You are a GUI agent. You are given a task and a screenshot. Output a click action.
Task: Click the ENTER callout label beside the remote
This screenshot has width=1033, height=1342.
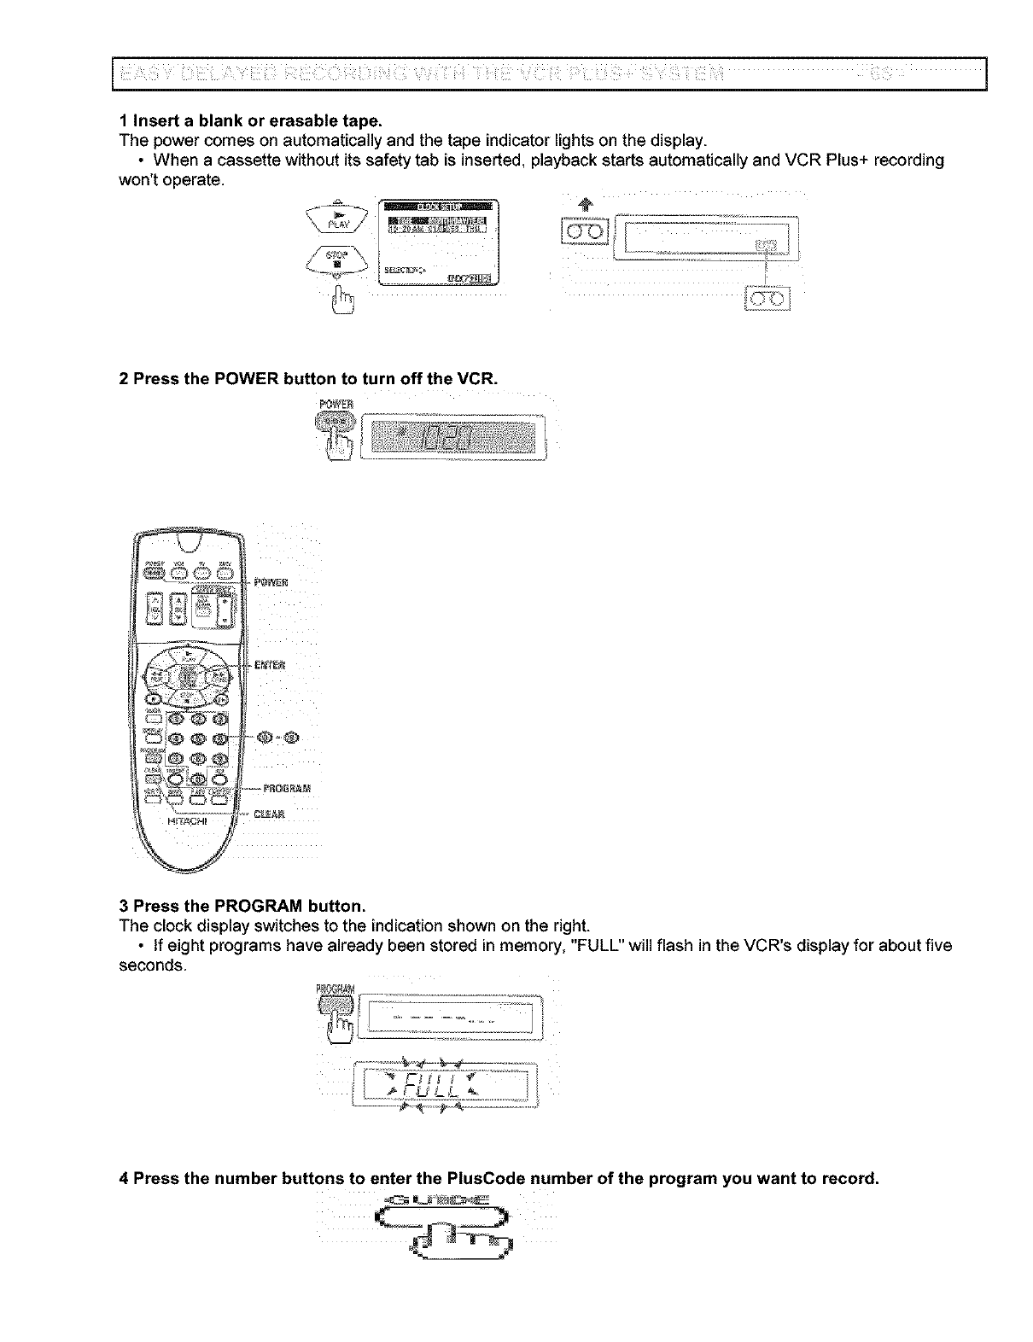271,664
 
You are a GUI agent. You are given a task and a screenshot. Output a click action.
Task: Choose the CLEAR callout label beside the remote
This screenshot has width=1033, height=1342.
272,814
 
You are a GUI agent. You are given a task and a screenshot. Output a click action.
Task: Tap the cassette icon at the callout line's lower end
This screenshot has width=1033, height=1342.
769,298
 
